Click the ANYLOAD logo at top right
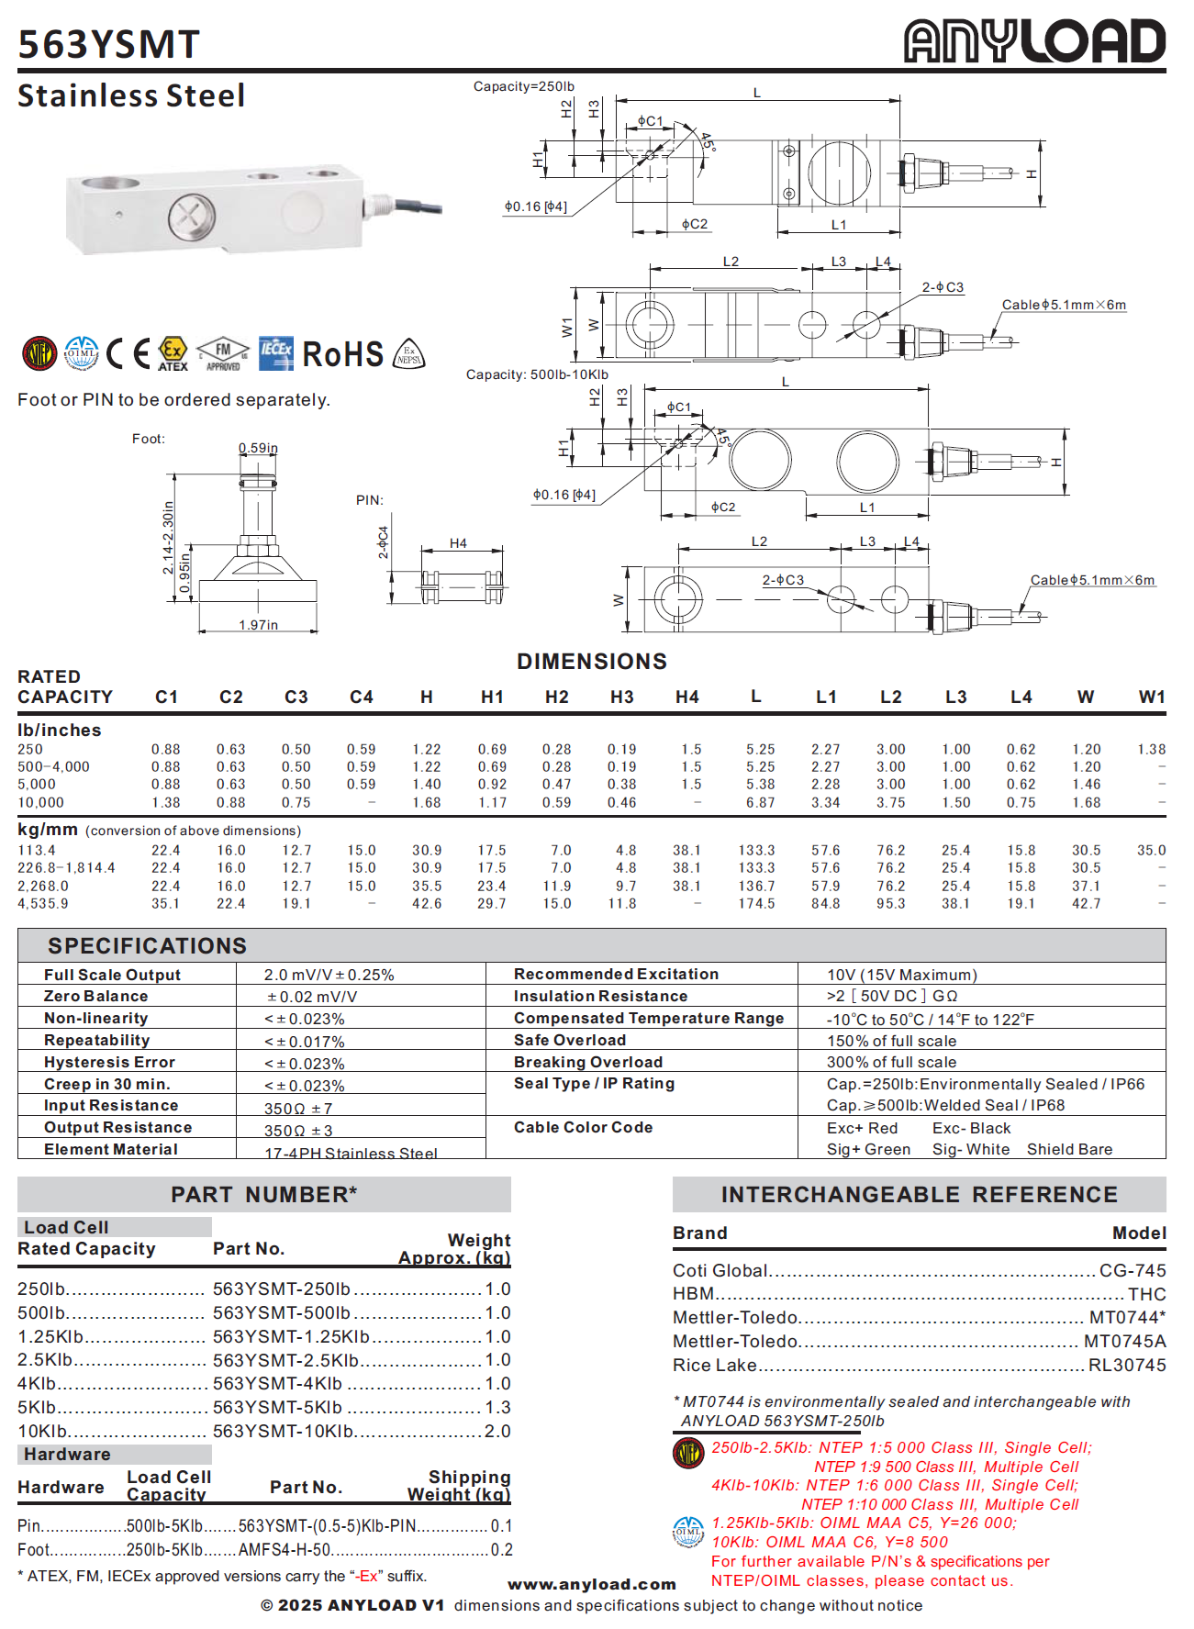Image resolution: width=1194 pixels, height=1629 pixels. tap(1034, 41)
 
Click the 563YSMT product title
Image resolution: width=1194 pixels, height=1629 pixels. tap(108, 45)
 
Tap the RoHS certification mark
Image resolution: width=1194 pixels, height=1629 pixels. tap(342, 354)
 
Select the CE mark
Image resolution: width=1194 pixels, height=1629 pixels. tap(128, 353)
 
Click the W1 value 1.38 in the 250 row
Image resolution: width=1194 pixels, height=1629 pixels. tap(1151, 750)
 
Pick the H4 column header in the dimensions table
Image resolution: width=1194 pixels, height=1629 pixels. tap(686, 697)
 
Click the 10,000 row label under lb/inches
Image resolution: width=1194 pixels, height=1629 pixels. tap(41, 803)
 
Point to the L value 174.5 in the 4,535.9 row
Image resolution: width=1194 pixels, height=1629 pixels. tap(756, 904)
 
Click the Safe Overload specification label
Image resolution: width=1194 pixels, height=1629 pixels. tap(570, 1041)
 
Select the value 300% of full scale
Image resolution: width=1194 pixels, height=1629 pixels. tap(891, 1063)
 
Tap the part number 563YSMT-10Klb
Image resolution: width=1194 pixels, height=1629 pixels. tap(284, 1432)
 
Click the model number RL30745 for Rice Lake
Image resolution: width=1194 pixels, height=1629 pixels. tap(1127, 1366)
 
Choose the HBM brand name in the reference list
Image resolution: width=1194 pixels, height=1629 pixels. tap(693, 1294)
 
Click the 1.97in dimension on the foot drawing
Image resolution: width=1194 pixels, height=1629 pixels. tap(258, 626)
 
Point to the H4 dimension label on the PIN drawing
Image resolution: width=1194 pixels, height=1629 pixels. tap(458, 544)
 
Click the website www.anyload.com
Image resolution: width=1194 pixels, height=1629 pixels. tap(592, 1585)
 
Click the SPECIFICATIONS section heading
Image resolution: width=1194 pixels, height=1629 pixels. tap(148, 946)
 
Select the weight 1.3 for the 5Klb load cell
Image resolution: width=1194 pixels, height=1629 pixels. tap(497, 1408)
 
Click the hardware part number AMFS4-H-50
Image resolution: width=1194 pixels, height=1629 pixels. tap(285, 1550)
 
